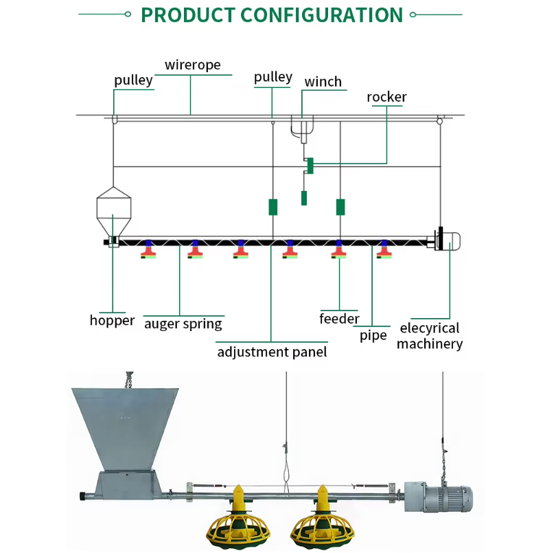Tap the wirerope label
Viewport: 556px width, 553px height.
(x=193, y=65)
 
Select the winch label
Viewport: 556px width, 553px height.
(x=323, y=82)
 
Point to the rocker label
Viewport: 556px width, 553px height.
(x=386, y=97)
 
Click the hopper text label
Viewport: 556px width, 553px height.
(x=112, y=321)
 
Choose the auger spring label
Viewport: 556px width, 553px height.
(x=183, y=324)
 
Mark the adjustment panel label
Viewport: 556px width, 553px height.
(x=272, y=352)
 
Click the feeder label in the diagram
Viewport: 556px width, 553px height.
(x=339, y=318)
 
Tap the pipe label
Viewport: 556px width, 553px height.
(x=373, y=336)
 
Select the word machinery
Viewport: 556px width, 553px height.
(x=430, y=344)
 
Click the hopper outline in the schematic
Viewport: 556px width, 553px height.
(x=114, y=212)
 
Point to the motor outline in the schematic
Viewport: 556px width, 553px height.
(x=448, y=240)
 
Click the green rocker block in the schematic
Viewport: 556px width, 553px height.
(x=310, y=166)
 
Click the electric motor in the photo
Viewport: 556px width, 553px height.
(x=439, y=497)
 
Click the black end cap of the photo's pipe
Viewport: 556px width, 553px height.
(x=83, y=496)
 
